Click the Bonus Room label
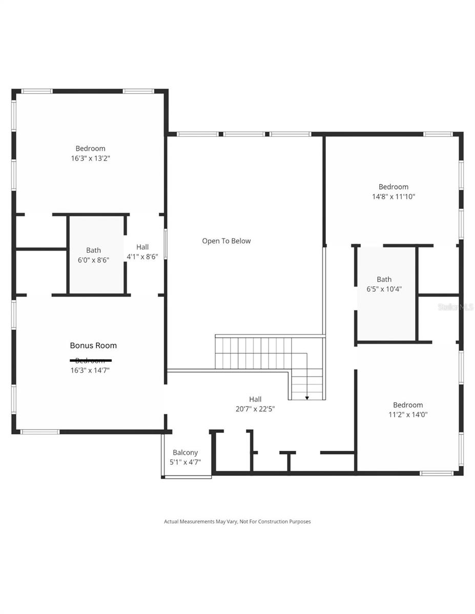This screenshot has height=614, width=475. (x=93, y=345)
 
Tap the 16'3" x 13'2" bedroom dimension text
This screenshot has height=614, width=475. (x=91, y=159)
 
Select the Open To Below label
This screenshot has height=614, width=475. (x=226, y=241)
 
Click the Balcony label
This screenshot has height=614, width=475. (x=185, y=452)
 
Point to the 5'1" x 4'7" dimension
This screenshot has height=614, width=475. (x=185, y=462)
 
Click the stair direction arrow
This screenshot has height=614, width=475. (x=307, y=397)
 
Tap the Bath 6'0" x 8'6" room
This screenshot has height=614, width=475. (x=93, y=255)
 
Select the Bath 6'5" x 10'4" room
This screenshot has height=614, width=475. (x=384, y=284)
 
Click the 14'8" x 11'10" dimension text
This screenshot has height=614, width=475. (x=394, y=196)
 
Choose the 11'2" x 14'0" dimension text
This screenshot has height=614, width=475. (x=408, y=414)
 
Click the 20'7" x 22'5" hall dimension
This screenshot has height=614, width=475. (x=255, y=409)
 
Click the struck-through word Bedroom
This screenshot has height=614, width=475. (x=91, y=360)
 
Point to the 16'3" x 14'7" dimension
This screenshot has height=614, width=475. (x=91, y=370)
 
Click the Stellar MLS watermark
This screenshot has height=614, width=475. (x=455, y=307)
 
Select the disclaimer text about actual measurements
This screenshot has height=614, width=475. (x=237, y=521)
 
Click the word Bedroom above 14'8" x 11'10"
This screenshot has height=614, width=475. (x=394, y=187)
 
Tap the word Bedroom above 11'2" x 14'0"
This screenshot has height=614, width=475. (x=408, y=405)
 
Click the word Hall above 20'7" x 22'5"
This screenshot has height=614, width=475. (x=255, y=399)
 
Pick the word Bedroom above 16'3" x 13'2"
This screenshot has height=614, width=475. (x=91, y=149)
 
